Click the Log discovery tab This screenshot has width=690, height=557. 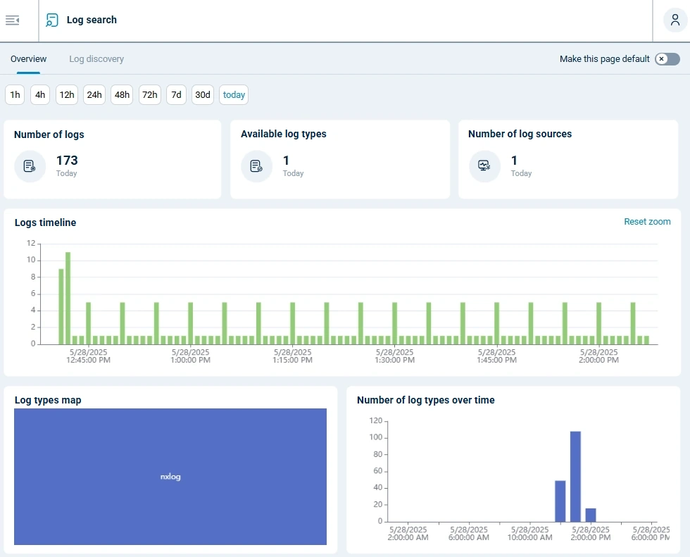point(96,59)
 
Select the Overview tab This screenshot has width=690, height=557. point(29,59)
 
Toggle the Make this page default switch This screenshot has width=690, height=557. point(667,59)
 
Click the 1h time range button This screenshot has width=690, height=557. point(15,95)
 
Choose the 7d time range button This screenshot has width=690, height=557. point(176,95)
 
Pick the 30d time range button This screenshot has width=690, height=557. point(203,95)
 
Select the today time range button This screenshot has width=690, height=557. point(234,95)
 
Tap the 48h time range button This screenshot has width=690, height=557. point(123,95)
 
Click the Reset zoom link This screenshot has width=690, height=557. point(647,222)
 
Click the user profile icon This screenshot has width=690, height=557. point(675,20)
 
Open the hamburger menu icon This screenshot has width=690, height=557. point(12,20)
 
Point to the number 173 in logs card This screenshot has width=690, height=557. point(67,161)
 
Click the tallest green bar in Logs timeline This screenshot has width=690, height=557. point(68,298)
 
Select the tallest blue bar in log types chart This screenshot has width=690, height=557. point(575,476)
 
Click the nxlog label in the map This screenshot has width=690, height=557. point(170,477)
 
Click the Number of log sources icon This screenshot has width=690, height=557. point(484,166)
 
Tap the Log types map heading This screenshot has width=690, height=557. point(48,400)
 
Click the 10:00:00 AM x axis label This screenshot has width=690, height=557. point(530,533)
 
